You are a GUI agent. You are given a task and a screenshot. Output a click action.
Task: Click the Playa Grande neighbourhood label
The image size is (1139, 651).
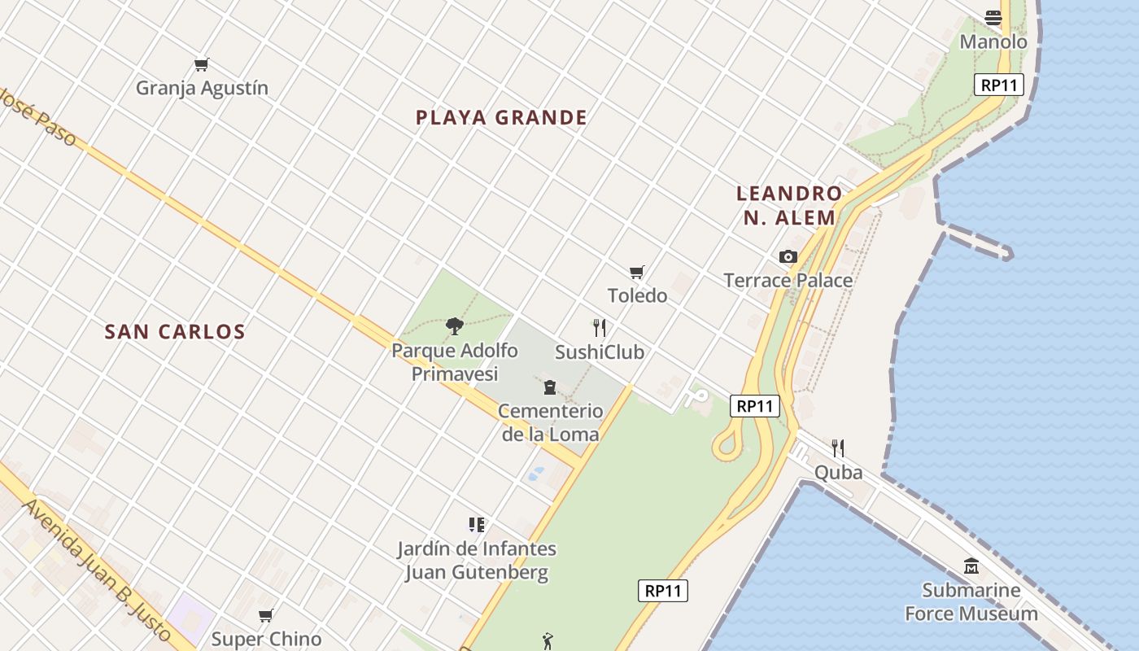click(x=501, y=118)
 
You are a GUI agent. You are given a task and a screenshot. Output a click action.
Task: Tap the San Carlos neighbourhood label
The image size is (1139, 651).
click(x=175, y=332)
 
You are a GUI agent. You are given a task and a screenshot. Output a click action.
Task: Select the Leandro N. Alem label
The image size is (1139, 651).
click(x=788, y=205)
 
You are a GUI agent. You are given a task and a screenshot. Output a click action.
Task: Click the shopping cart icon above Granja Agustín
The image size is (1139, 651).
click(x=202, y=64)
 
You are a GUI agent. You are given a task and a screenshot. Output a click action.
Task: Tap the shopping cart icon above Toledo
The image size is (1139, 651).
click(x=637, y=272)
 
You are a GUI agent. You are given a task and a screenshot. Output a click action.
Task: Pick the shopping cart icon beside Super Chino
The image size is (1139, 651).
click(x=265, y=615)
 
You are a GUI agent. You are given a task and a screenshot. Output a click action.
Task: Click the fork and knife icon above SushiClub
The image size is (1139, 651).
click(x=600, y=328)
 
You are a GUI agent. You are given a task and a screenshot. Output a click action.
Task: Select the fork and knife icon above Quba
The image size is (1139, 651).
click(x=838, y=448)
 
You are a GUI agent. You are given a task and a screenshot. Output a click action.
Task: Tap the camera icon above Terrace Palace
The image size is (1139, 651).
click(x=788, y=257)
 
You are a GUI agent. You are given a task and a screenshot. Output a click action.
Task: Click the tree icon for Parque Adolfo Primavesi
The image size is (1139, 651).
click(x=455, y=326)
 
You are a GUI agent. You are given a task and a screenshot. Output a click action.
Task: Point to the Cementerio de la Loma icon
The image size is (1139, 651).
click(x=550, y=387)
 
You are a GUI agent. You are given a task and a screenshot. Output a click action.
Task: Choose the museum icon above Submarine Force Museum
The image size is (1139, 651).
click(x=971, y=566)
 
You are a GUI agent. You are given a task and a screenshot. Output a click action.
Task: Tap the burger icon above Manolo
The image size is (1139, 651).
click(x=993, y=17)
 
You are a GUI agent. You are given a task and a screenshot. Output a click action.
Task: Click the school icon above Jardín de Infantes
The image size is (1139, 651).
click(x=477, y=525)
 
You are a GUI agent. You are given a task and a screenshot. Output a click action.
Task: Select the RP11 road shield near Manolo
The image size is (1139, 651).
click(x=999, y=85)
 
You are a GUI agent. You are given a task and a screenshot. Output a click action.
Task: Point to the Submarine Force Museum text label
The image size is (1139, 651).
click(x=971, y=602)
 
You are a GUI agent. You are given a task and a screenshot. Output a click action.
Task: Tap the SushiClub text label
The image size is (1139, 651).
click(x=600, y=352)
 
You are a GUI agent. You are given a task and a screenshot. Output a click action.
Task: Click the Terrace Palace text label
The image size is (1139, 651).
click(x=788, y=281)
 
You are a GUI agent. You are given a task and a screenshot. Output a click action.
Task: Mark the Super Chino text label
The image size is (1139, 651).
click(x=267, y=640)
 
